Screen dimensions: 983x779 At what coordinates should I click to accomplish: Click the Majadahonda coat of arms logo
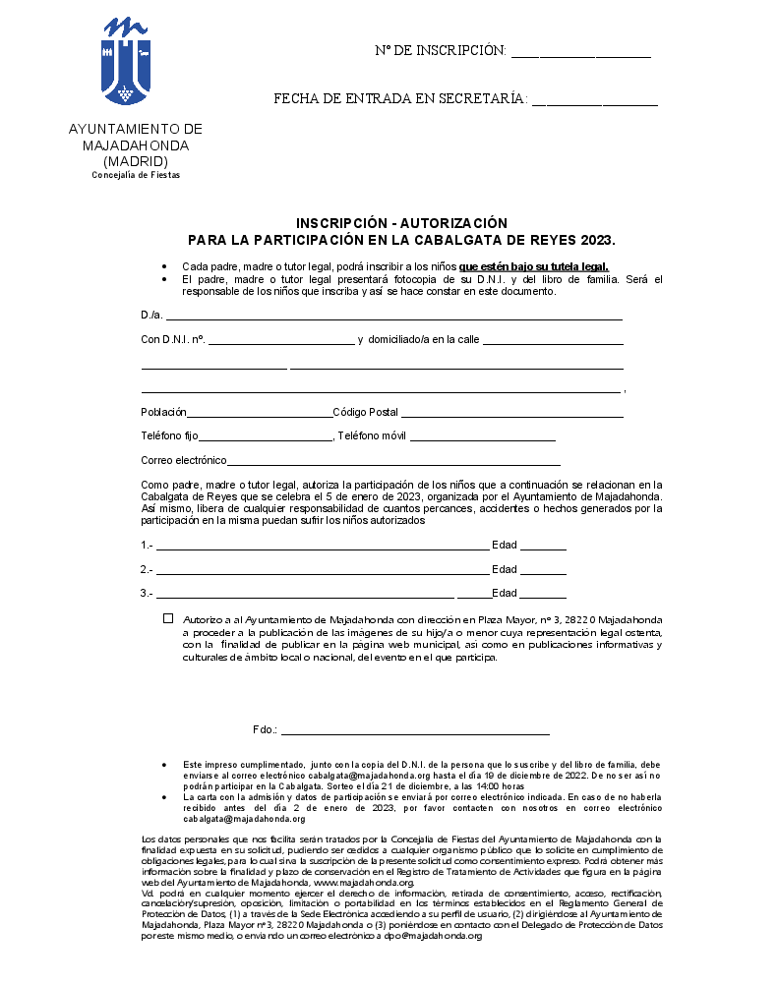(126, 62)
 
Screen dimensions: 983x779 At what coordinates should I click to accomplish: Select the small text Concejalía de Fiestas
(136, 175)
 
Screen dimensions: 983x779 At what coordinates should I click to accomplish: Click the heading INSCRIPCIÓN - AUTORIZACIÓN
(401, 223)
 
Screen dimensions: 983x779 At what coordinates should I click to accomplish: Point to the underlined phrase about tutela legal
(533, 266)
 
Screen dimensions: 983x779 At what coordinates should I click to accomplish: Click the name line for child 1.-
(322, 547)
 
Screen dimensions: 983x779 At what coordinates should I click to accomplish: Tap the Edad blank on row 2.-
(543, 571)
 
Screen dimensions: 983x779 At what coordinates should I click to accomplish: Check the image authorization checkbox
(168, 619)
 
